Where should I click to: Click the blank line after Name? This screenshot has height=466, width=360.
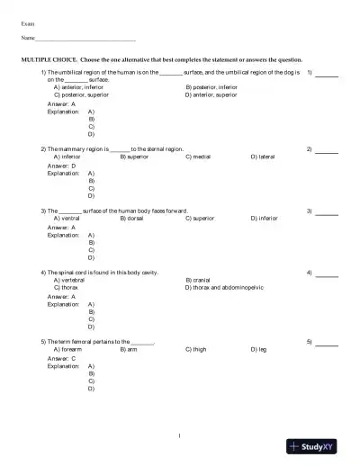(x=85, y=40)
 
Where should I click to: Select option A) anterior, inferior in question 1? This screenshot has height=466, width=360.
(x=79, y=86)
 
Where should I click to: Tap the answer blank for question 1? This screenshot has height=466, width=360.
(x=327, y=74)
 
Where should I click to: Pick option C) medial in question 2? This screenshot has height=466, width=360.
(x=198, y=156)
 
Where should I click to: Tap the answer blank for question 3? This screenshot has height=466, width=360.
(x=327, y=212)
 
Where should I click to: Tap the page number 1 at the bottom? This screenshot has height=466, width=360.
(x=180, y=436)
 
